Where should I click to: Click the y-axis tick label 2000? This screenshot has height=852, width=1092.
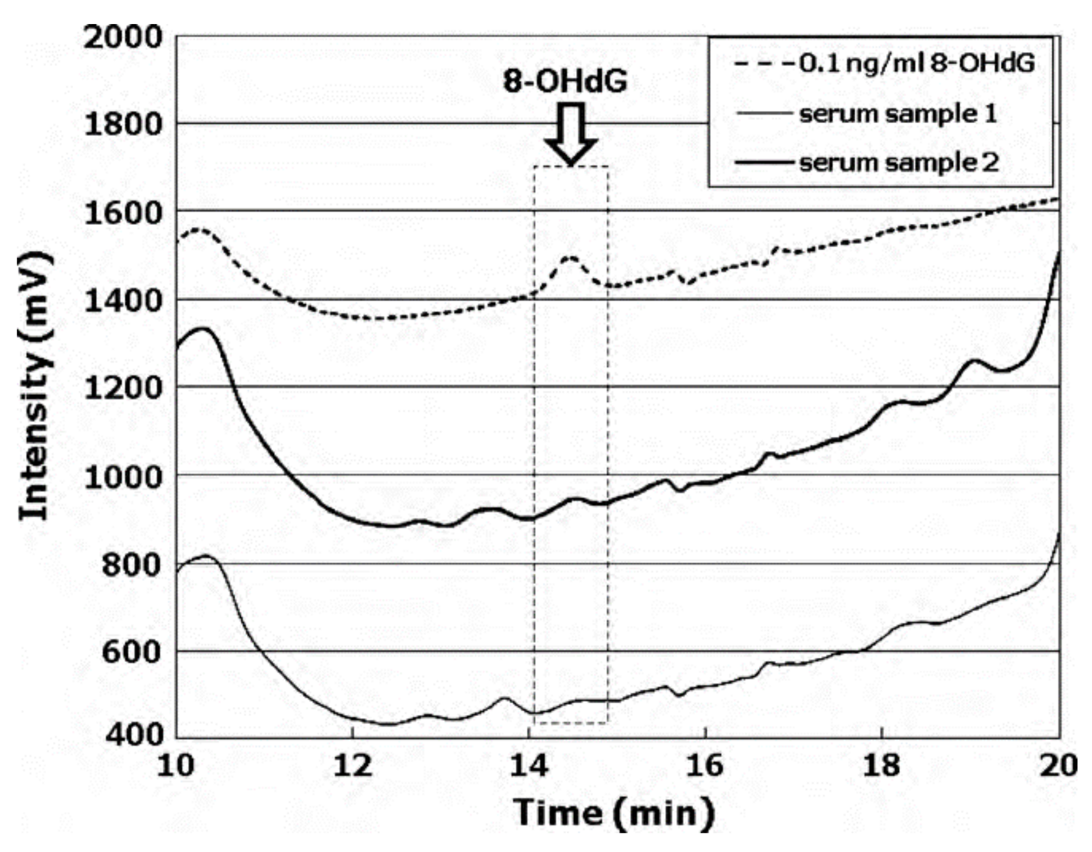click(122, 37)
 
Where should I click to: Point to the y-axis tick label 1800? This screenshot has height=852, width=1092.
click(122, 125)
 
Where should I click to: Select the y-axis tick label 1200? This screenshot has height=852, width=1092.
click(122, 388)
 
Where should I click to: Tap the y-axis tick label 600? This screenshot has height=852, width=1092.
click(131, 652)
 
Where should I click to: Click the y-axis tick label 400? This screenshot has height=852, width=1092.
click(131, 734)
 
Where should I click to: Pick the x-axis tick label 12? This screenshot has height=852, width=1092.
click(353, 766)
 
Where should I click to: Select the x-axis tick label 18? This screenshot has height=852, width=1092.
click(882, 766)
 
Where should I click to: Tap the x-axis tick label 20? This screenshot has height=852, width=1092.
click(1059, 766)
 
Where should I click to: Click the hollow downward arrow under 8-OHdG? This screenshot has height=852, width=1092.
click(571, 134)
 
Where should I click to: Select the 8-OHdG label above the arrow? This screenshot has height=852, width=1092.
click(565, 80)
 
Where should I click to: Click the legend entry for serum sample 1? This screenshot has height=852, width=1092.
click(868, 114)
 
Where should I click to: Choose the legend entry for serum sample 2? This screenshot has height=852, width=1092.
click(868, 163)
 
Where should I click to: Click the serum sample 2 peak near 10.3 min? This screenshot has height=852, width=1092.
click(203, 328)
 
